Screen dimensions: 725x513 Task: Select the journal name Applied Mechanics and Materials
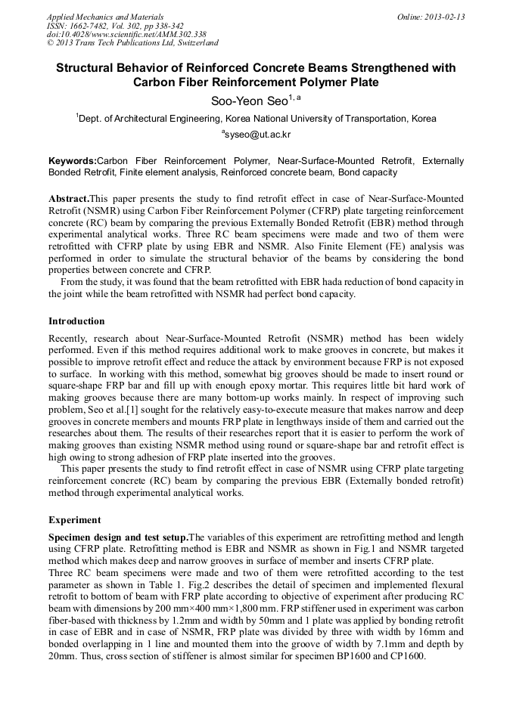(105, 17)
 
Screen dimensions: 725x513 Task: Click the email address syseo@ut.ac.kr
(256, 135)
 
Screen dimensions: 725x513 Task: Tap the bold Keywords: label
(73, 161)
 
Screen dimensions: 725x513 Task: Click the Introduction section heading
(76, 321)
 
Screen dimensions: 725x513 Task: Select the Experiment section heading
(73, 520)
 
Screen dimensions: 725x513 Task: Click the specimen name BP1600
(350, 656)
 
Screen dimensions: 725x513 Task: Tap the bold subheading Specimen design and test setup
(117, 538)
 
